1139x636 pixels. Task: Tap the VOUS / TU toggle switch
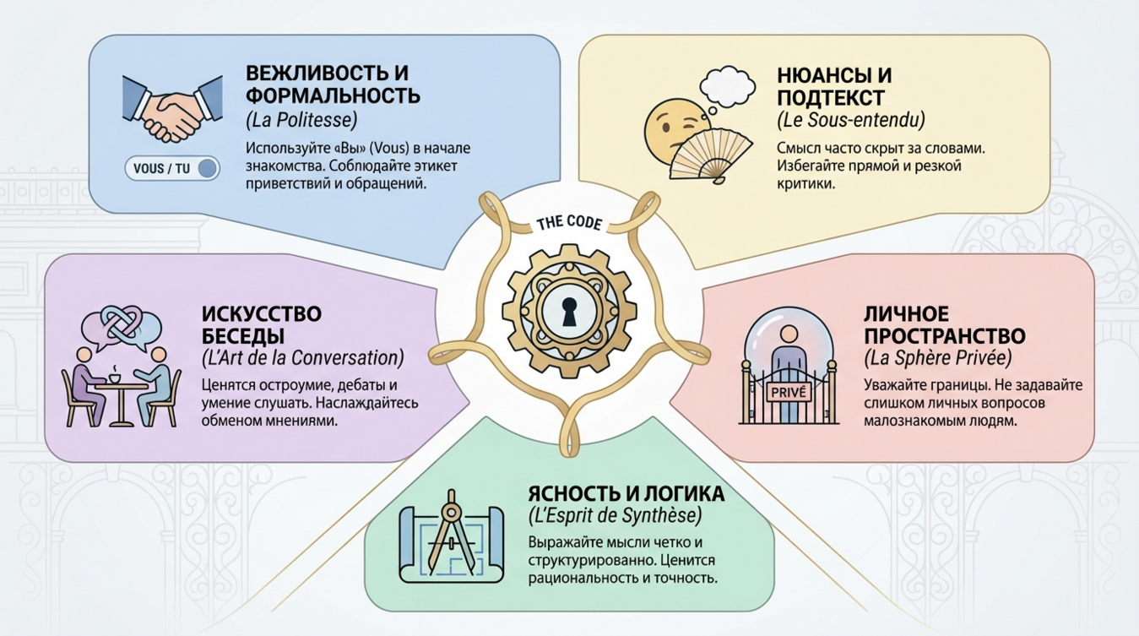click(172, 168)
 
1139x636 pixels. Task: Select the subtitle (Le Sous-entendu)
click(850, 120)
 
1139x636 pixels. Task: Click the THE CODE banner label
click(569, 224)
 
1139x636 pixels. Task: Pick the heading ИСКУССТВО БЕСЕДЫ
click(262, 324)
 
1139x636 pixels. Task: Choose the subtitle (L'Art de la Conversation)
click(303, 358)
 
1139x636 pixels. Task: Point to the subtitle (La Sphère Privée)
click(937, 358)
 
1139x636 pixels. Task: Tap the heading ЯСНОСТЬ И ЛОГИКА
click(626, 493)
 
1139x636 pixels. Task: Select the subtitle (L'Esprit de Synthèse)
click(614, 515)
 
